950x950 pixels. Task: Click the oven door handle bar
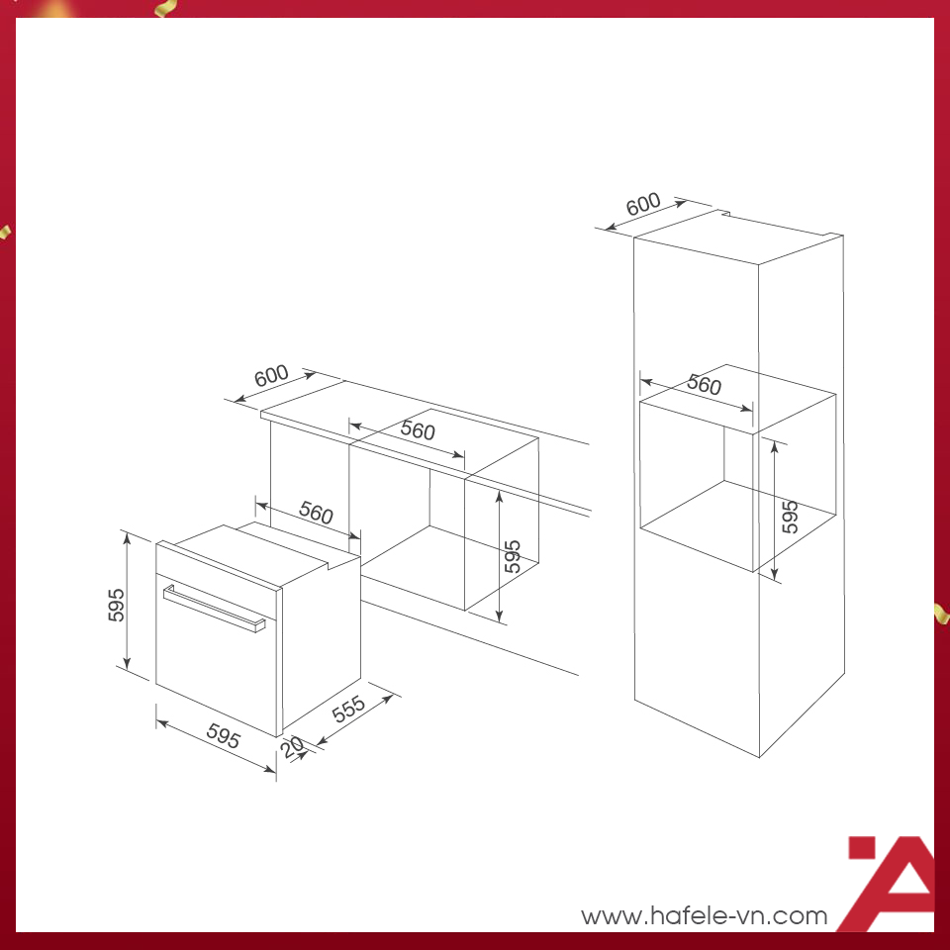(214, 609)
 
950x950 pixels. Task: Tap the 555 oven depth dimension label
(348, 709)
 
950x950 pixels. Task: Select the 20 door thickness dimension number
(293, 747)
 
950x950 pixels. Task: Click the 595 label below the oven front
(224, 735)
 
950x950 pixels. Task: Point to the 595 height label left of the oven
(116, 605)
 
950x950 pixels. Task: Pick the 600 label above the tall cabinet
(643, 204)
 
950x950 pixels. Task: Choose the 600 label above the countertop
(271, 376)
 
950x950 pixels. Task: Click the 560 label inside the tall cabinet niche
(704, 385)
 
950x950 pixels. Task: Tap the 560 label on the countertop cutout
(418, 430)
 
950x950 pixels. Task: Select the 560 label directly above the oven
(317, 513)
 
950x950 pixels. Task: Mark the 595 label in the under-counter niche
(513, 556)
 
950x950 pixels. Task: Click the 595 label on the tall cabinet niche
(790, 517)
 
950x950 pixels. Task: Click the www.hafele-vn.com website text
(704, 915)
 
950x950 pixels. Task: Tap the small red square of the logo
(862, 848)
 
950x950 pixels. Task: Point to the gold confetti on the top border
(166, 8)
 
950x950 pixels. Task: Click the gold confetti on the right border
(941, 614)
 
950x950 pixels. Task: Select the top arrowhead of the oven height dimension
(128, 538)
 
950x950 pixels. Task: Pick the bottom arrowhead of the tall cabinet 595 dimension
(774, 574)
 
